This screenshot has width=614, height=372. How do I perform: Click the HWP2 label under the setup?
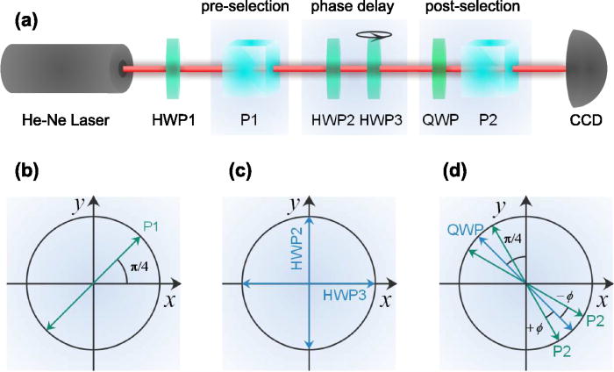click(331, 120)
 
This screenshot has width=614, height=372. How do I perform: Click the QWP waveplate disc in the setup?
click(440, 68)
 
